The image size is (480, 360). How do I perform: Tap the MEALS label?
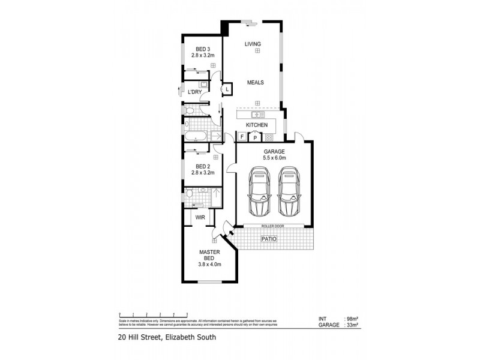tap(254, 83)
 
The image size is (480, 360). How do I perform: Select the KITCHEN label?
tap(256, 125)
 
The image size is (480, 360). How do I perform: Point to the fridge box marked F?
tap(242, 137)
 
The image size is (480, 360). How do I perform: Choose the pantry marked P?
tap(255, 137)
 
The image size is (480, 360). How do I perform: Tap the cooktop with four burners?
tap(269, 137)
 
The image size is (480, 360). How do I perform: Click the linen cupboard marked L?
tap(227, 89)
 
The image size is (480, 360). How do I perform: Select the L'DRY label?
tap(194, 92)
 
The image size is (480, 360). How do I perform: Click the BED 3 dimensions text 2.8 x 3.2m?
tap(203, 55)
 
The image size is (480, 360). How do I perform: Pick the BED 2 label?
tap(203, 166)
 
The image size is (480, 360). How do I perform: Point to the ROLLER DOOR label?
tap(272, 226)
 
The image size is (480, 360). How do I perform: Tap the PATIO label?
tap(267, 239)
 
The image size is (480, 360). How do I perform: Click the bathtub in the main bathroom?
tap(196, 137)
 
